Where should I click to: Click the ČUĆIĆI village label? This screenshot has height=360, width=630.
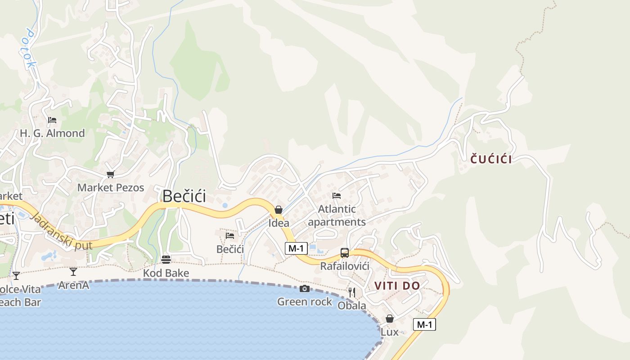pyautogui.click(x=491, y=159)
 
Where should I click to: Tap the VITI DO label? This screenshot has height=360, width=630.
pyautogui.click(x=397, y=286)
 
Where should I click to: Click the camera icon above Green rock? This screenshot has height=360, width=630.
pyautogui.click(x=305, y=288)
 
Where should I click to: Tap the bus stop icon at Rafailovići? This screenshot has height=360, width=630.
pyautogui.click(x=345, y=253)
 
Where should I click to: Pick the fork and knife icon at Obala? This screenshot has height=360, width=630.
pyautogui.click(x=352, y=292)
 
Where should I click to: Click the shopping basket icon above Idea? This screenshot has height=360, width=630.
pyautogui.click(x=279, y=210)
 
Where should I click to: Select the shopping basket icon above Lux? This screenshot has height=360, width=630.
pyautogui.click(x=390, y=319)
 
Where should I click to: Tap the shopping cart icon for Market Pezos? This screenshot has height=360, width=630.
pyautogui.click(x=110, y=174)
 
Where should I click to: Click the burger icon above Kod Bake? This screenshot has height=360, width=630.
pyautogui.click(x=166, y=260)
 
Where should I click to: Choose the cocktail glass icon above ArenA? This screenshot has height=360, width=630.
pyautogui.click(x=73, y=272)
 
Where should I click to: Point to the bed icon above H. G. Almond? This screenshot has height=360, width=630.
pyautogui.click(x=52, y=120)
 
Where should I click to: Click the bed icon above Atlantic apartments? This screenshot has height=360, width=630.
pyautogui.click(x=337, y=196)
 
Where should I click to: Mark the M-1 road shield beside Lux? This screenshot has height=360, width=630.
pyautogui.click(x=424, y=324)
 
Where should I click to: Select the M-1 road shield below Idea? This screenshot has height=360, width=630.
pyautogui.click(x=296, y=248)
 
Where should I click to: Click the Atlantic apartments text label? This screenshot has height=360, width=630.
pyautogui.click(x=337, y=216)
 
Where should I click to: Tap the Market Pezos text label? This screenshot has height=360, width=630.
pyautogui.click(x=111, y=188)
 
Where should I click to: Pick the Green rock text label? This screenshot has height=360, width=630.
pyautogui.click(x=305, y=302)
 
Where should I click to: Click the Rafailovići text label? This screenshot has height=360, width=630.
pyautogui.click(x=345, y=266)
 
